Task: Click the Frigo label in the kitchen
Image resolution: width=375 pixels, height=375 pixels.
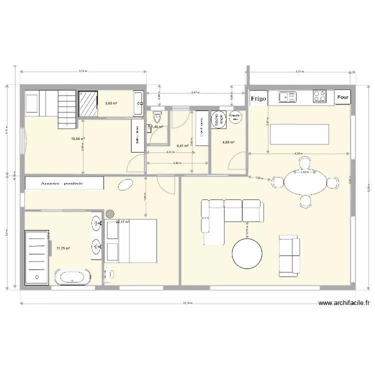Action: point(258,98)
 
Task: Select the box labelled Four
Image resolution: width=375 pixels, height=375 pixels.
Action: point(342,98)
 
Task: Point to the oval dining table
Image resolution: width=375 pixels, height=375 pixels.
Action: point(304,182)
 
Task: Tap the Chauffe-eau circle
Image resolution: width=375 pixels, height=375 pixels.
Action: point(234,116)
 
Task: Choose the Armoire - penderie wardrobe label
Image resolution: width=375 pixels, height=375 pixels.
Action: point(63,183)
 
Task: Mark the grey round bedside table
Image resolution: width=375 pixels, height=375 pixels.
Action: point(109,214)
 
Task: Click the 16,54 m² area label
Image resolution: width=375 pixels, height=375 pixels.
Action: point(77,139)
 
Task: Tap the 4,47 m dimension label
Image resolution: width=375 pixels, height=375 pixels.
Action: point(196,92)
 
